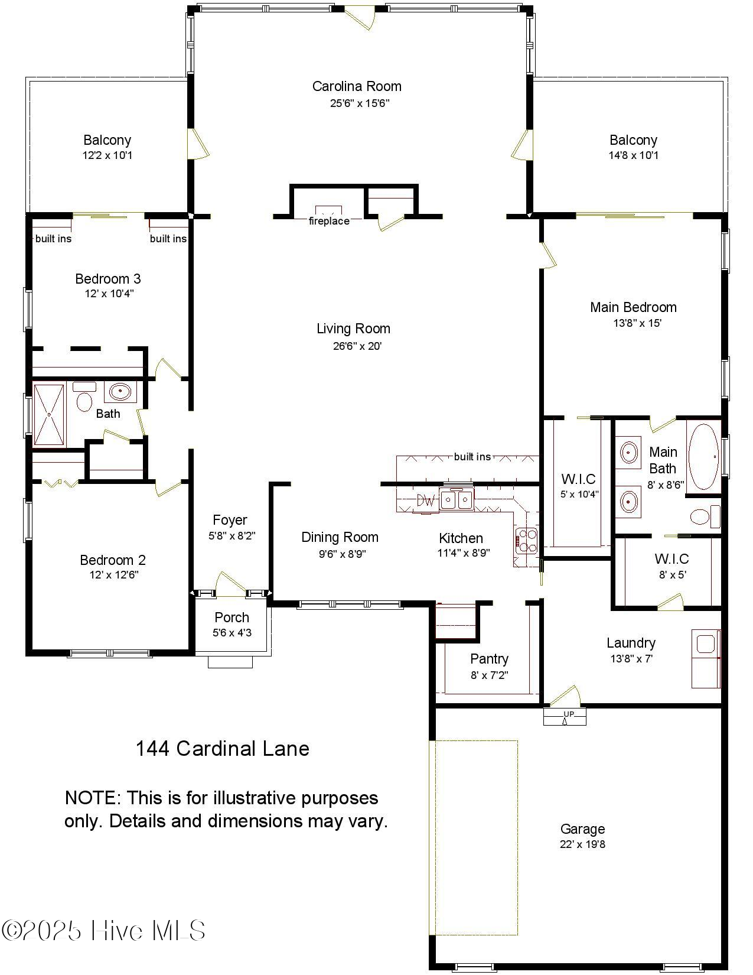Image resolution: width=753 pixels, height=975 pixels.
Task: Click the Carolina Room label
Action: click(357, 86)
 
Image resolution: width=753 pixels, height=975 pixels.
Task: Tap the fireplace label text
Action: click(329, 221)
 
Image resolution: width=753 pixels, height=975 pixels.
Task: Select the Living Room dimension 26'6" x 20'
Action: click(357, 346)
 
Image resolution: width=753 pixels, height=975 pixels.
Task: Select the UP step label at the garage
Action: click(568, 714)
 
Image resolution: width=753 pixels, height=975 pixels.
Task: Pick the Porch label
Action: click(232, 617)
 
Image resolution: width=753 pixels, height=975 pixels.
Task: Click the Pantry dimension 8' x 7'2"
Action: click(490, 675)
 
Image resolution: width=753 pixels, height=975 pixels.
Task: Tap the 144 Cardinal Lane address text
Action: click(223, 749)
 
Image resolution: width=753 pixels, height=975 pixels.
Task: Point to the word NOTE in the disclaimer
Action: click(92, 798)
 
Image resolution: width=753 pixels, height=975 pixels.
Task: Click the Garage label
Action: click(582, 829)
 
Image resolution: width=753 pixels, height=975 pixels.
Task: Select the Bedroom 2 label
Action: click(113, 560)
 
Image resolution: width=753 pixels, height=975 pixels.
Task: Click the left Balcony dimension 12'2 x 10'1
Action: click(107, 155)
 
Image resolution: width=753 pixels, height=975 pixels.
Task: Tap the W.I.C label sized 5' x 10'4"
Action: click(578, 479)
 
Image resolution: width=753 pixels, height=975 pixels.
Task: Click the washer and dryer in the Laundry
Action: click(706, 658)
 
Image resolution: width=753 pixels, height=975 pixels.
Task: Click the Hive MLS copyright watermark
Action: click(104, 931)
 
